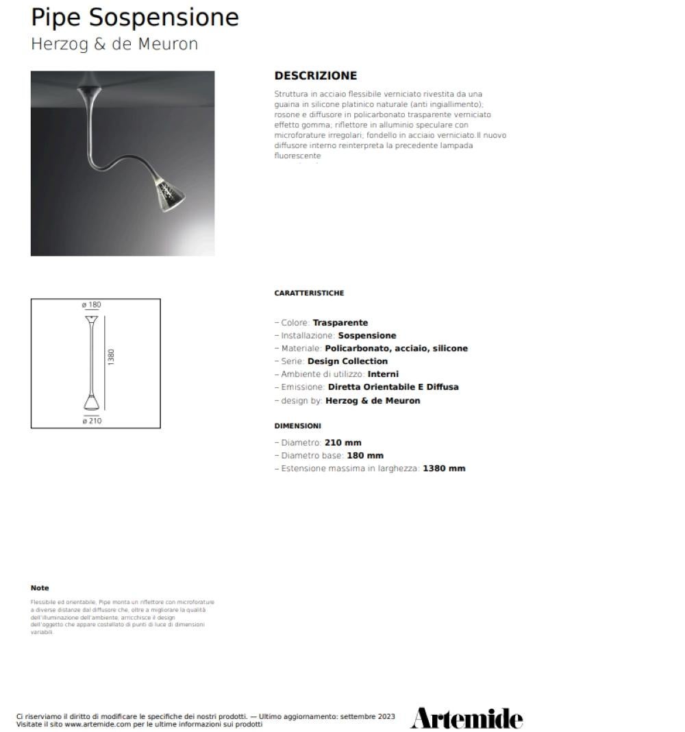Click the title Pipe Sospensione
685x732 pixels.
[135, 17]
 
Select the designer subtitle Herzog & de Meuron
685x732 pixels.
[114, 45]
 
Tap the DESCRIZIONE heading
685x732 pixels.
[316, 76]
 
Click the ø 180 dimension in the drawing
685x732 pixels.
[91, 304]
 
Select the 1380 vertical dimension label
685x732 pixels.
[111, 356]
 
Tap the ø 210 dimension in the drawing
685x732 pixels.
[92, 421]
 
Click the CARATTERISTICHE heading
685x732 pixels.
[309, 293]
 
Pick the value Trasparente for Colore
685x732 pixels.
[340, 323]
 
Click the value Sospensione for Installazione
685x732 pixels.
[367, 336]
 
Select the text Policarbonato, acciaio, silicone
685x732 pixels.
[396, 349]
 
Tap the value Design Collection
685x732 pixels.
[347, 361]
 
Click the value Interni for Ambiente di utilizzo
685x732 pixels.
[383, 374]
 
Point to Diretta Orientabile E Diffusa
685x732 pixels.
[393, 387]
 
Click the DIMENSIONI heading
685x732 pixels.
[297, 426]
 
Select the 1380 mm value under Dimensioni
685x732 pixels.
[444, 469]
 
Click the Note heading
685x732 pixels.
[40, 588]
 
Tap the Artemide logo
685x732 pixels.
[466, 719]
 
